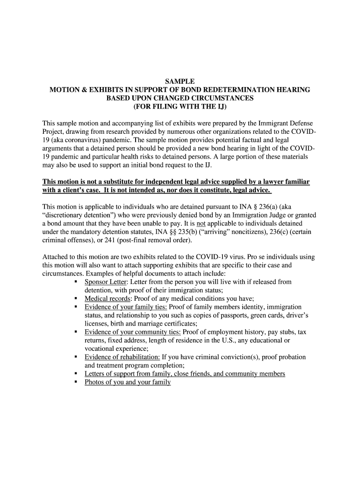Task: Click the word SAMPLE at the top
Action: [x=180, y=81]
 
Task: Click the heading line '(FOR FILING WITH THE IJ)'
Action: [x=180, y=107]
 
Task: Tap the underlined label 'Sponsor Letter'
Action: [x=106, y=282]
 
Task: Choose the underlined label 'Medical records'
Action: [x=108, y=298]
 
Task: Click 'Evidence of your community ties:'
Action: [x=133, y=332]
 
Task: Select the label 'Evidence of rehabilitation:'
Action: [x=122, y=357]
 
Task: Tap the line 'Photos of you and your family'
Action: [x=128, y=382]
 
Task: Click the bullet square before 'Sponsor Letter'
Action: [x=75, y=282]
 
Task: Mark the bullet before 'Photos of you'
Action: [x=75, y=382]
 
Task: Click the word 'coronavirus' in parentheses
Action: [x=83, y=140]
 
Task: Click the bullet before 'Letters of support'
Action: [x=75, y=374]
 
